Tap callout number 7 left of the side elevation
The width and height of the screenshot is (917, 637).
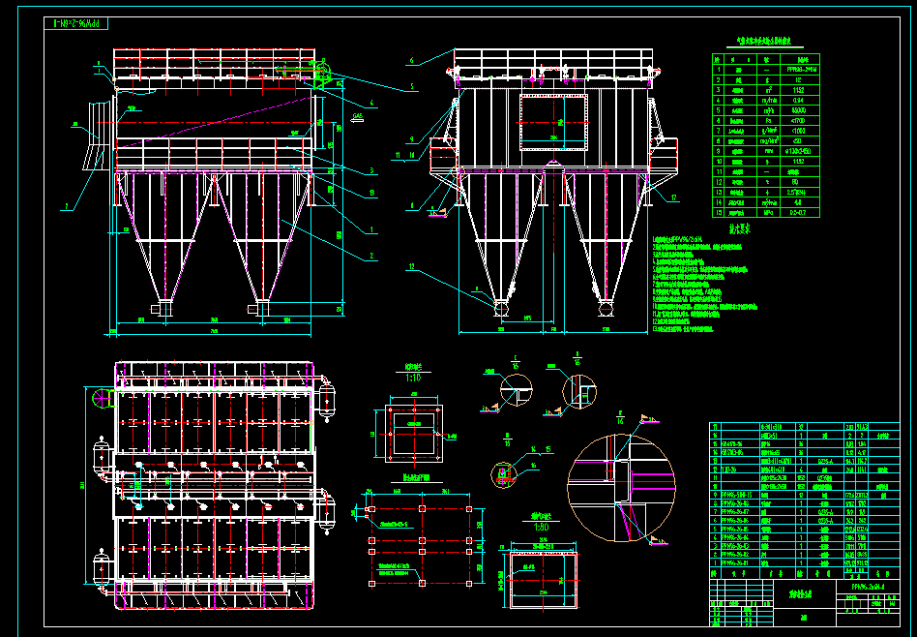point(67,206)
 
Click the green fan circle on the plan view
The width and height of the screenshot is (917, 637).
point(100,398)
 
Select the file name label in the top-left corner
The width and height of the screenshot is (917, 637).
point(85,20)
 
